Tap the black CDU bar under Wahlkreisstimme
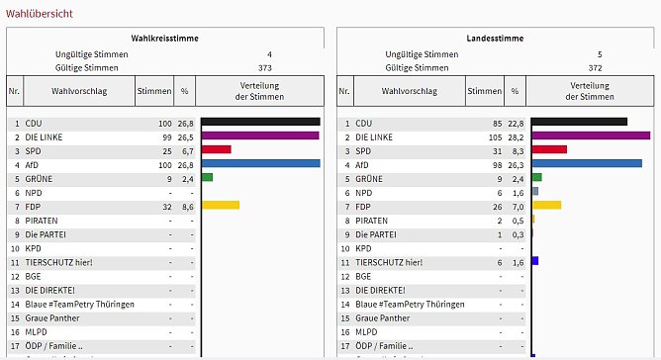(x=260, y=122)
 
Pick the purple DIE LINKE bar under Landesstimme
(x=590, y=135)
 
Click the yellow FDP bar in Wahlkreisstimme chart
(x=220, y=206)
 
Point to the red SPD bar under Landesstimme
(x=549, y=149)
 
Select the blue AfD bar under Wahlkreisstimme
(x=260, y=163)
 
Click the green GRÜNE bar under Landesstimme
(x=536, y=178)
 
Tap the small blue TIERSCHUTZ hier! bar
(x=534, y=261)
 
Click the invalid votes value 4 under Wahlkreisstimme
(x=269, y=53)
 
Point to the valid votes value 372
(x=594, y=68)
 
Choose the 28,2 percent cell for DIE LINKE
(x=518, y=136)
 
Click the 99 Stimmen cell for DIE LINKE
(x=163, y=136)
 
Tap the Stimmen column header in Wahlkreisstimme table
(x=153, y=90)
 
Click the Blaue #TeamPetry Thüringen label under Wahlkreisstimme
(x=78, y=304)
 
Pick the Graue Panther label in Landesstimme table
(x=382, y=317)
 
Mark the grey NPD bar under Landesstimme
(x=534, y=192)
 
